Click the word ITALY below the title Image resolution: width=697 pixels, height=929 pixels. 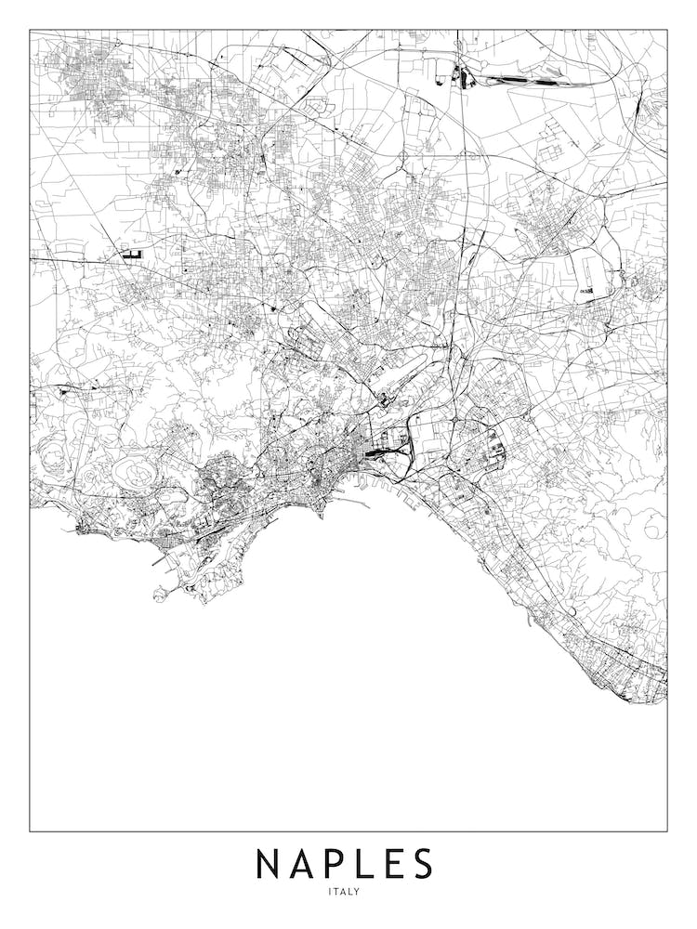click(344, 893)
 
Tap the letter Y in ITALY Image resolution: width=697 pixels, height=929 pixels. click(357, 893)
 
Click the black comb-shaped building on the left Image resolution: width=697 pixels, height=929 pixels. click(131, 252)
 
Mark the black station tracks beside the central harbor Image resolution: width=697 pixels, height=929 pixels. click(384, 454)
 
